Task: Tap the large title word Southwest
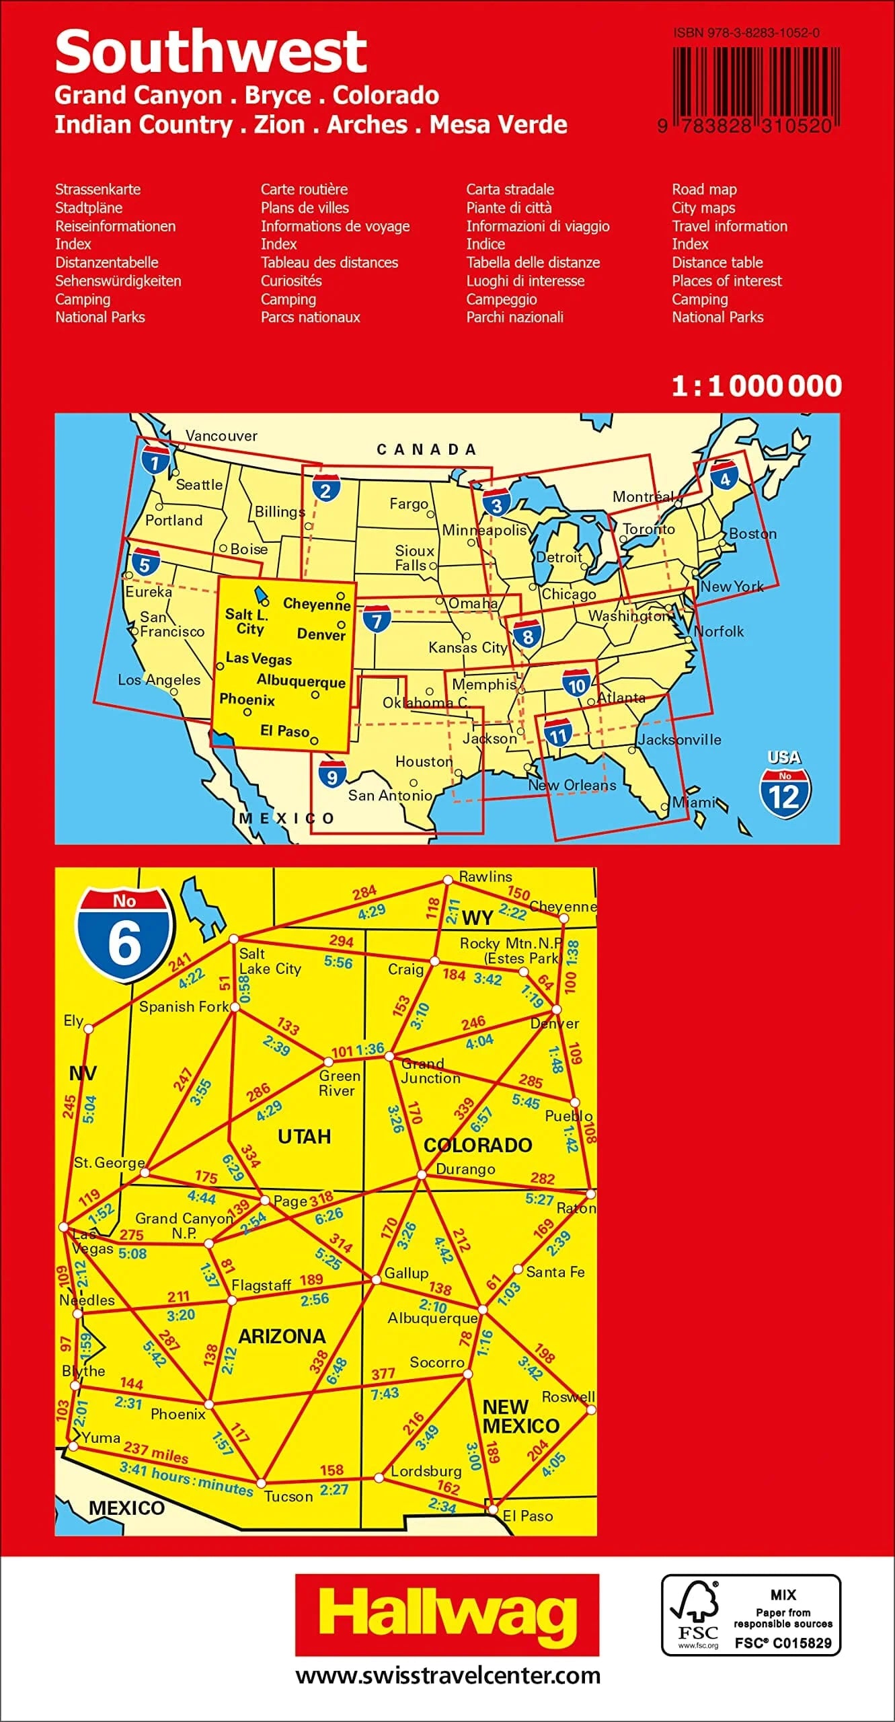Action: click(x=210, y=52)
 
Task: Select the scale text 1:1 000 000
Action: click(x=756, y=386)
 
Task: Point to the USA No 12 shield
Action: click(x=785, y=786)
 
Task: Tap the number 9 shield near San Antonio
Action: click(x=332, y=774)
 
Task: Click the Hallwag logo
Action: click(x=446, y=1614)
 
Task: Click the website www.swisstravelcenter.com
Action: click(x=448, y=1676)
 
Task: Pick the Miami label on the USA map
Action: click(x=694, y=802)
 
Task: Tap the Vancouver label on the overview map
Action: click(x=221, y=436)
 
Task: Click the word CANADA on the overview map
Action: click(x=426, y=449)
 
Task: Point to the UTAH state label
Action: click(x=305, y=1137)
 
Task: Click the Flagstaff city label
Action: click(x=262, y=1285)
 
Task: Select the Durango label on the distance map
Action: click(x=465, y=1169)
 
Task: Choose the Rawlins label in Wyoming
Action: click(x=485, y=876)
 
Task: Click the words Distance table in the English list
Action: click(x=717, y=262)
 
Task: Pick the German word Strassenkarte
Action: click(x=98, y=190)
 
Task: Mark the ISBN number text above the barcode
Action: click(x=746, y=33)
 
